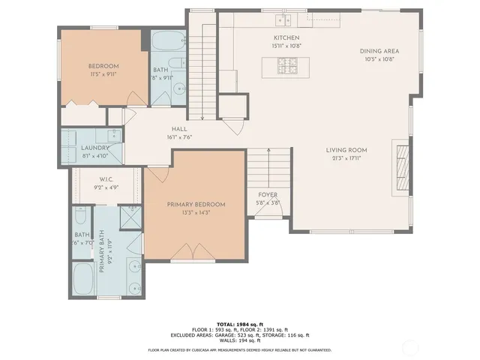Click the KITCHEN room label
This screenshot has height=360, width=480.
[286, 37]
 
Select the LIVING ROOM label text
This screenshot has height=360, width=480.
[346, 151]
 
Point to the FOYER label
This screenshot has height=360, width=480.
[268, 195]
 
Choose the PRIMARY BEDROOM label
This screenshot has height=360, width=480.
[196, 205]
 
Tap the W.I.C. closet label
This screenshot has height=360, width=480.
[106, 179]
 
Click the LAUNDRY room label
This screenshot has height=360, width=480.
[94, 148]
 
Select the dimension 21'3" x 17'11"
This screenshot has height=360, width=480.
[346, 158]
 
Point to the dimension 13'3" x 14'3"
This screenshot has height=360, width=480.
[196, 212]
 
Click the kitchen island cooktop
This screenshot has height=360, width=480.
[286, 68]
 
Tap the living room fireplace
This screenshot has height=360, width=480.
[403, 166]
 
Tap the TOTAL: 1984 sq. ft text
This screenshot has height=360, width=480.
[239, 323]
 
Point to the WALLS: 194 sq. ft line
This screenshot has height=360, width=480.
[239, 341]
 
